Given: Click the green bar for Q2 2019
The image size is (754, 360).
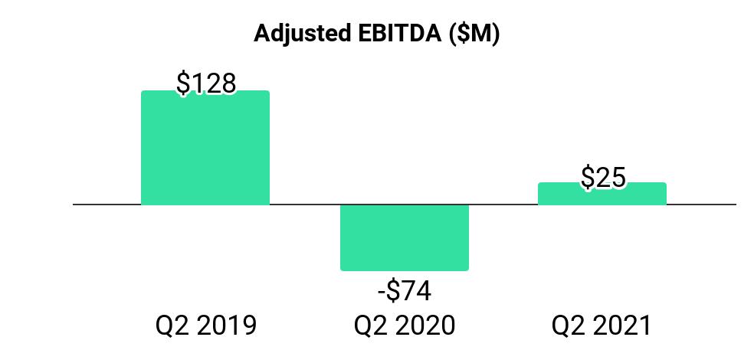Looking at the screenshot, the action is tap(205, 147).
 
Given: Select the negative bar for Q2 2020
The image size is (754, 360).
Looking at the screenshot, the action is tap(405, 237).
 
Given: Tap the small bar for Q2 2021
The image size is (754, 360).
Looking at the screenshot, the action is tap(602, 194).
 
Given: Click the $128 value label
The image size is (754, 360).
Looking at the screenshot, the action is tap(206, 83).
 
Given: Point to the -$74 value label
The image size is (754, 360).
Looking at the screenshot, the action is tap(405, 291).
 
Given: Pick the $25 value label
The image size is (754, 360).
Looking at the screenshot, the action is tap(603, 177).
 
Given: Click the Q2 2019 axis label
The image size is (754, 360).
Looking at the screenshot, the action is tap(206, 326).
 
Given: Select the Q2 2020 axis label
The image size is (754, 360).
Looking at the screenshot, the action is tap(405, 326).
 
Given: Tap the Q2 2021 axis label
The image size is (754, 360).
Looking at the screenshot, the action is tap(601, 326).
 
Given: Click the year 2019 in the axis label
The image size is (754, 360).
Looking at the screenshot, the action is tap(227, 326).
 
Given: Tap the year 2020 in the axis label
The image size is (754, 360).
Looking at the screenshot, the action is tap(426, 326).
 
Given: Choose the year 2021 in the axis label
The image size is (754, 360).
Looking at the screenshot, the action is tap(622, 326).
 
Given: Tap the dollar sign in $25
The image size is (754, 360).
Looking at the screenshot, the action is tap(588, 177).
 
